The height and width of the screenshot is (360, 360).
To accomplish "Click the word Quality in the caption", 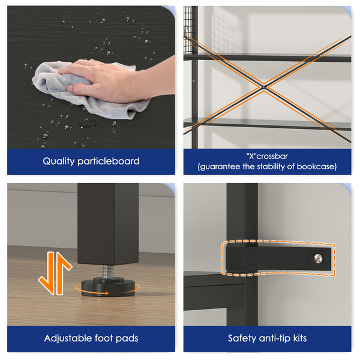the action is pyautogui.click(x=59, y=161).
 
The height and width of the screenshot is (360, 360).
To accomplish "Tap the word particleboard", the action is pyautogui.click(x=109, y=161).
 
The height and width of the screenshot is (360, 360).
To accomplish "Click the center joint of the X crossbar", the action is pyautogui.click(x=265, y=87).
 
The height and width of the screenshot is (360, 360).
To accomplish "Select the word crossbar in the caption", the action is pyautogui.click(x=272, y=157).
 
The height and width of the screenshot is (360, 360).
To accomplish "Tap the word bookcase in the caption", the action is pyautogui.click(x=315, y=166).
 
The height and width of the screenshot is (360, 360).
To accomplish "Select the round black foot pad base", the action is pyautogui.click(x=108, y=287).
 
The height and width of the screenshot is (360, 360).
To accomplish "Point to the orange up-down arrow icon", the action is pyautogui.click(x=55, y=273).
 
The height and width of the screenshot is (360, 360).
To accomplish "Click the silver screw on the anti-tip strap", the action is pyautogui.click(x=318, y=259).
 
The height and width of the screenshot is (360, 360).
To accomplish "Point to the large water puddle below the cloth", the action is pyautogui.click(x=88, y=124).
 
